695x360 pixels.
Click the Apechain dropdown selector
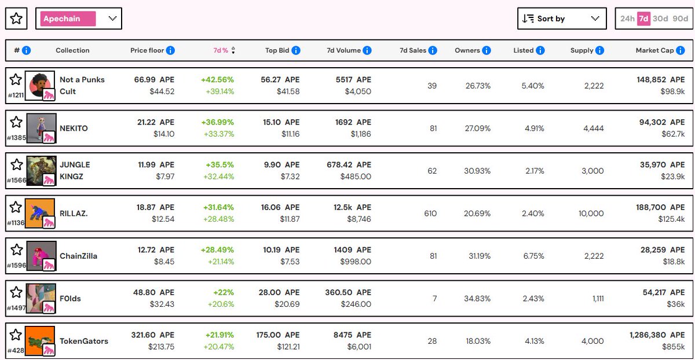pyautogui.click(x=78, y=19)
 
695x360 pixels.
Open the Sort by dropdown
pyautogui.click(x=561, y=19)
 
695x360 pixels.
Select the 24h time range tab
pyautogui.click(x=627, y=19)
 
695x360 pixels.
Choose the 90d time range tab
pyautogui.click(x=681, y=19)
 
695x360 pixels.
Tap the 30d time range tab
pyautogui.click(x=660, y=19)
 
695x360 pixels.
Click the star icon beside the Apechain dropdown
pyautogui.click(x=16, y=19)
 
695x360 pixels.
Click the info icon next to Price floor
pyautogui.click(x=170, y=50)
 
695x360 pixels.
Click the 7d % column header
pyautogui.click(x=221, y=50)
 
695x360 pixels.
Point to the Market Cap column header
pyautogui.click(x=654, y=50)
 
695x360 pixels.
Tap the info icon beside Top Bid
pyautogui.click(x=296, y=50)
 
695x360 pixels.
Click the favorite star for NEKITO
pyautogui.click(x=16, y=122)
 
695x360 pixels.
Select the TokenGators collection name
pyautogui.click(x=84, y=341)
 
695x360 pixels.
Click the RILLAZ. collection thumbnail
pyautogui.click(x=41, y=214)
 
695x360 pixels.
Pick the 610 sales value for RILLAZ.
pyautogui.click(x=430, y=214)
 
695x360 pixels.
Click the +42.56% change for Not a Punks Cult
pyautogui.click(x=218, y=80)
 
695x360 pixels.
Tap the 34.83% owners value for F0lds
pyautogui.click(x=477, y=299)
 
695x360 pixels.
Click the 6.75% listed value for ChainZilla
pyautogui.click(x=533, y=256)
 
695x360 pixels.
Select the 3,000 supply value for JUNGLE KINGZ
pyautogui.click(x=592, y=171)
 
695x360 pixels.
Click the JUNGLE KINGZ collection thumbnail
pyautogui.click(x=41, y=171)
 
